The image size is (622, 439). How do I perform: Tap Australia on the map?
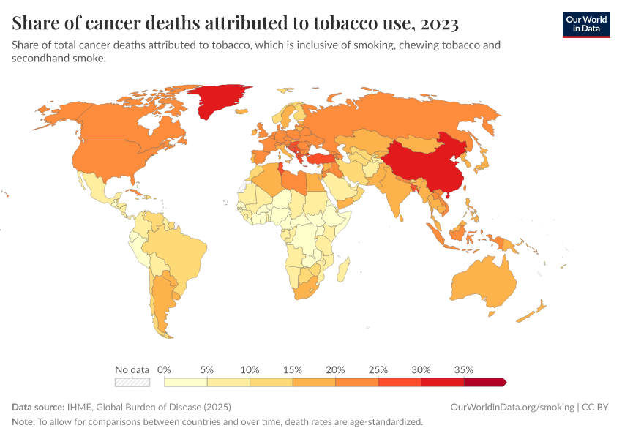tap(483, 285)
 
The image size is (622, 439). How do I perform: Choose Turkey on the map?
tap(323, 159)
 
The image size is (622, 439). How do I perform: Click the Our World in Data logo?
tap(586, 24)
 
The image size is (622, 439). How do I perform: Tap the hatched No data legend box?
tap(132, 382)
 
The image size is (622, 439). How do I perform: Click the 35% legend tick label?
tap(463, 369)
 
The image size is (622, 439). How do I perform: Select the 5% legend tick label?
tap(207, 369)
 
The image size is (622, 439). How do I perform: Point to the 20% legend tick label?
tap(335, 369)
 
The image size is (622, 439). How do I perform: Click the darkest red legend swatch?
tap(485, 382)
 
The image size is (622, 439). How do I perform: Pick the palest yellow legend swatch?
tap(186, 382)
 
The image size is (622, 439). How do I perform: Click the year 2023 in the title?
tap(441, 24)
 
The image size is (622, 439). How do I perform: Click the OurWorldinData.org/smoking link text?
tap(512, 407)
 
